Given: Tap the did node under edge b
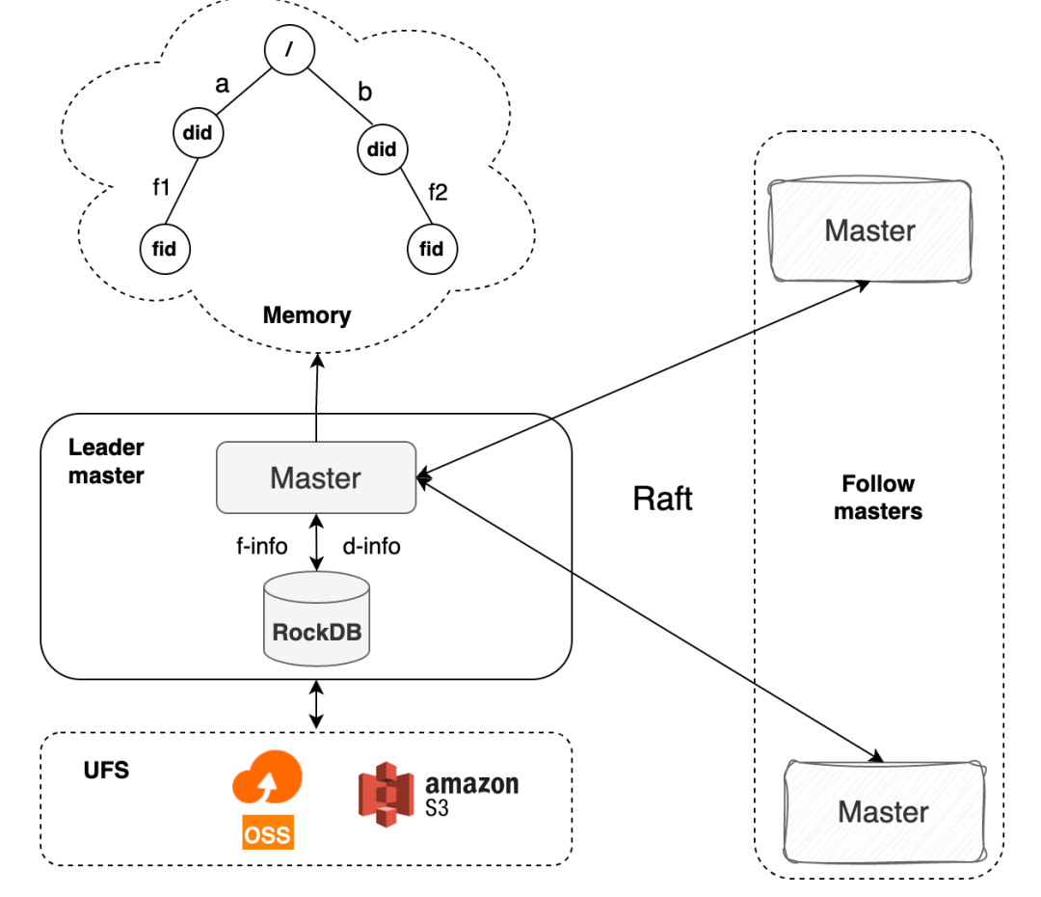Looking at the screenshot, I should (x=382, y=149).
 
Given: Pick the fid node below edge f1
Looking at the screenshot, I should (x=165, y=249).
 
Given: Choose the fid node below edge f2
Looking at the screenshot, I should (x=431, y=249).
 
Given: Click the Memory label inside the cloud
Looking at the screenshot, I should (x=307, y=315).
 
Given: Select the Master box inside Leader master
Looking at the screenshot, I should (x=315, y=477).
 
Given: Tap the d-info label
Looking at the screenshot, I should (x=371, y=547).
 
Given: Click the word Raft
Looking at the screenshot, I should (x=662, y=499).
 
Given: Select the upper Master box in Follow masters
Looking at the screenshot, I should (x=869, y=230).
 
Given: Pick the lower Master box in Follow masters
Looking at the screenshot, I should (x=883, y=811).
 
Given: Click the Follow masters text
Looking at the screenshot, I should (x=878, y=498).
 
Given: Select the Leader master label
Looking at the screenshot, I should (x=106, y=461).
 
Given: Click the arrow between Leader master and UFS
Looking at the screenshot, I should (x=315, y=705).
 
